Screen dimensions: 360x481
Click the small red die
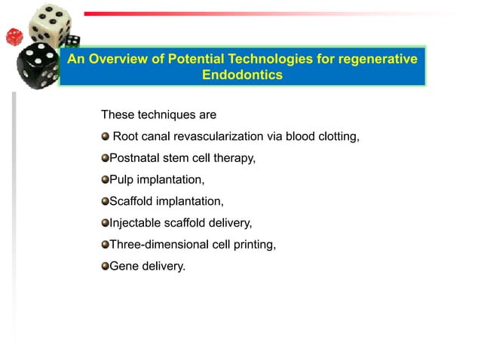coord(14,36)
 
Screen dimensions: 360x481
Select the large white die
coord(49,25)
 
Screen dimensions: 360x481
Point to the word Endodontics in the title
coord(242,75)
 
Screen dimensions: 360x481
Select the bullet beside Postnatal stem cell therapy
coord(106,158)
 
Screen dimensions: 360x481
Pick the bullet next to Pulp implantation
coord(106,180)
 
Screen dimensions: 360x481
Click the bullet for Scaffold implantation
coord(106,202)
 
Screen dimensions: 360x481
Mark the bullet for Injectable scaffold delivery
coord(106,223)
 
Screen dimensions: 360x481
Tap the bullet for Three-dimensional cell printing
coord(106,245)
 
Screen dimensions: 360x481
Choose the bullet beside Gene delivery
coord(106,266)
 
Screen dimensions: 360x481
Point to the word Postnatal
coord(135,158)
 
